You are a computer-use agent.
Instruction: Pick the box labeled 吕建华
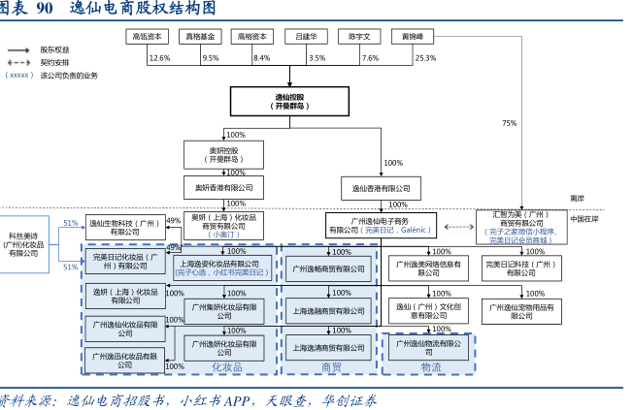tap(306, 36)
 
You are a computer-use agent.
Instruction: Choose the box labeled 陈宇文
tap(359, 36)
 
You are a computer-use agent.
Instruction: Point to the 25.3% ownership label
tap(425, 58)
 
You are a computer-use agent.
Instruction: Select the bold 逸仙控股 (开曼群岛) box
tap(289, 102)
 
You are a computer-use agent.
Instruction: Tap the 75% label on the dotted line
tap(509, 123)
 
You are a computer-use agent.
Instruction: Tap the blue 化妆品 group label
tap(226, 367)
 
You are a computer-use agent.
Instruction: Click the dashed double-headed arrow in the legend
tap(18, 61)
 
